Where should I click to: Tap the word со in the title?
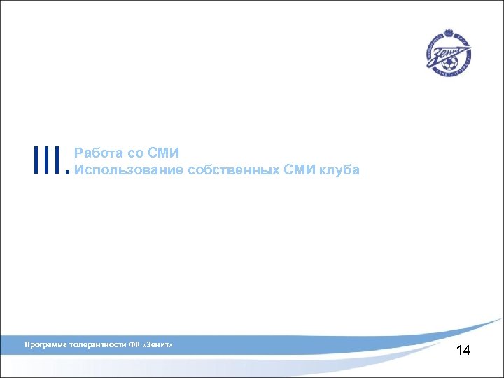133,153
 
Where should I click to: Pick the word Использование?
129,170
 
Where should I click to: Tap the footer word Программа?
45,345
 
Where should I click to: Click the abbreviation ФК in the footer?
134,345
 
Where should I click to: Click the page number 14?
463,350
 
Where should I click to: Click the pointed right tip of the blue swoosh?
501,319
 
